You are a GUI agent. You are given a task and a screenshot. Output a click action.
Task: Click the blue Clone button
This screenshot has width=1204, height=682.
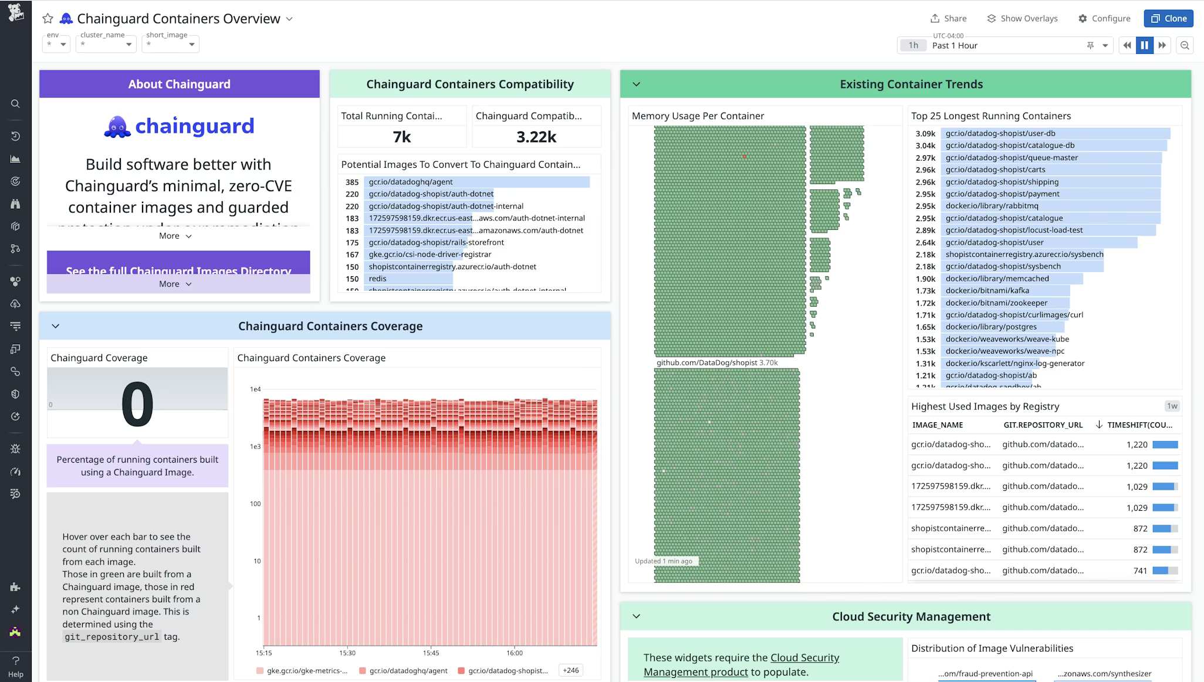(1168, 18)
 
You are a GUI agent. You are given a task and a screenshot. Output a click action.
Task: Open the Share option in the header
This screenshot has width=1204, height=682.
(948, 18)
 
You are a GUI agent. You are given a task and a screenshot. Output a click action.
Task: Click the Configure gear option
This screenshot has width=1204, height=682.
(1104, 18)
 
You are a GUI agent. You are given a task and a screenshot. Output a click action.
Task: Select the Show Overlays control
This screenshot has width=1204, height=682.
(1022, 18)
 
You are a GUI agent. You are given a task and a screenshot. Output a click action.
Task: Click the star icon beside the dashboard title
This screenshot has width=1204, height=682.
(48, 19)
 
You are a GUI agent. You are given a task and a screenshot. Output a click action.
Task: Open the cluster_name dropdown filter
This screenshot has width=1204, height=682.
(106, 44)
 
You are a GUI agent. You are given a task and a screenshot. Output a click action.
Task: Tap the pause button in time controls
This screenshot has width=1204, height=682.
(1144, 45)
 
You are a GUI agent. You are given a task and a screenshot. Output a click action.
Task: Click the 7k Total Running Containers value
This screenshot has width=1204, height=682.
(401, 137)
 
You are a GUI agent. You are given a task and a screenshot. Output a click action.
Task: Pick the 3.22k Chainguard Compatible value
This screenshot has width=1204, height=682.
(536, 137)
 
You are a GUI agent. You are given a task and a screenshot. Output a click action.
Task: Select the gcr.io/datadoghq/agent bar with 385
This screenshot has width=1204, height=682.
(476, 182)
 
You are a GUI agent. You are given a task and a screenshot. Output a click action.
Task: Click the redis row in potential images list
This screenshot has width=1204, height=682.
(378, 279)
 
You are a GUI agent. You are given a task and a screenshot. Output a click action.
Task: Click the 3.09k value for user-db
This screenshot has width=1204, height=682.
(925, 134)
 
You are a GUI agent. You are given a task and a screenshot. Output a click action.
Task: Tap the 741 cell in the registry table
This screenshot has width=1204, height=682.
(1139, 571)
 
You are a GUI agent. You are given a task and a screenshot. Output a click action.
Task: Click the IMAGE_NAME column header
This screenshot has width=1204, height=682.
(937, 425)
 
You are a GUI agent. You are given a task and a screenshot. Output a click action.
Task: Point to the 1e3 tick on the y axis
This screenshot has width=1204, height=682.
(255, 447)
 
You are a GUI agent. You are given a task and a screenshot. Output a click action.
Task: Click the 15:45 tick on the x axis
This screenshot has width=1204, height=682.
(431, 653)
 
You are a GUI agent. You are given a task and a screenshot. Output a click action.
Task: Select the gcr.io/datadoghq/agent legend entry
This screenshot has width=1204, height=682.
(408, 670)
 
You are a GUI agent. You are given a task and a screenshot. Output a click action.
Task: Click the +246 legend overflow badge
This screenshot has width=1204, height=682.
(570, 670)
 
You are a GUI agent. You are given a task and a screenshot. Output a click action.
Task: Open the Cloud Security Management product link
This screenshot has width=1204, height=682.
(742, 665)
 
